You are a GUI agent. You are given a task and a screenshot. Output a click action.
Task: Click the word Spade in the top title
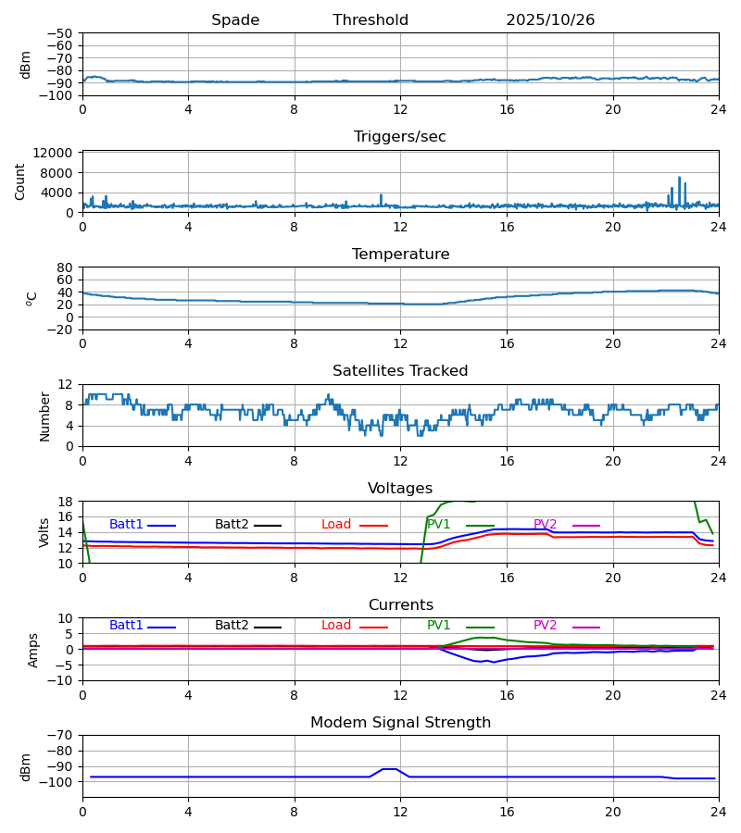click(235, 20)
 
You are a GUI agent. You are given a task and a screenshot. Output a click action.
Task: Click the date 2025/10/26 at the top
click(550, 20)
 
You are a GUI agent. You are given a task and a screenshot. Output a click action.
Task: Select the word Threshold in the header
click(370, 20)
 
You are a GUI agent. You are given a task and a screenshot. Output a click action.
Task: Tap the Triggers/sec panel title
click(400, 137)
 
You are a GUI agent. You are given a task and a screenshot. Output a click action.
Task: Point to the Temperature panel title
click(400, 255)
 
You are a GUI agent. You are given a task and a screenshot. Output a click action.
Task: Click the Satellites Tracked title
click(400, 371)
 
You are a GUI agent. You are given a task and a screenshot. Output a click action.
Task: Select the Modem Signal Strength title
click(400, 723)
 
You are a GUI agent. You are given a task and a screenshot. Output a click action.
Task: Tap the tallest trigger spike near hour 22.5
click(679, 179)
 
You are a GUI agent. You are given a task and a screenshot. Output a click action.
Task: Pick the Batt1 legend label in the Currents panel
click(126, 626)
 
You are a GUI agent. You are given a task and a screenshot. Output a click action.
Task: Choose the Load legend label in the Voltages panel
click(336, 525)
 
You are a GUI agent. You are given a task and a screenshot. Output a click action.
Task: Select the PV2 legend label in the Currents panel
click(545, 626)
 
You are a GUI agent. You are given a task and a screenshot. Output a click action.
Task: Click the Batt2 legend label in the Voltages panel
click(232, 525)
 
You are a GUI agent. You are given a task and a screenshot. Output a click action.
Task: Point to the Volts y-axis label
click(44, 532)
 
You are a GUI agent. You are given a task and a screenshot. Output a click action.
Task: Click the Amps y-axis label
click(35, 650)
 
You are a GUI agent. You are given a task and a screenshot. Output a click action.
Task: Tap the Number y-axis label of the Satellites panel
click(44, 416)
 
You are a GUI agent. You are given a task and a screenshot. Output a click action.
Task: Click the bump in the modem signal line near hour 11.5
click(390, 769)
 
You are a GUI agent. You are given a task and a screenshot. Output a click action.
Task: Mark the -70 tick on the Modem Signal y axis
click(62, 735)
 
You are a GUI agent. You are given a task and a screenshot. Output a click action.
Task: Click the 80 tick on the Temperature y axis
click(66, 267)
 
